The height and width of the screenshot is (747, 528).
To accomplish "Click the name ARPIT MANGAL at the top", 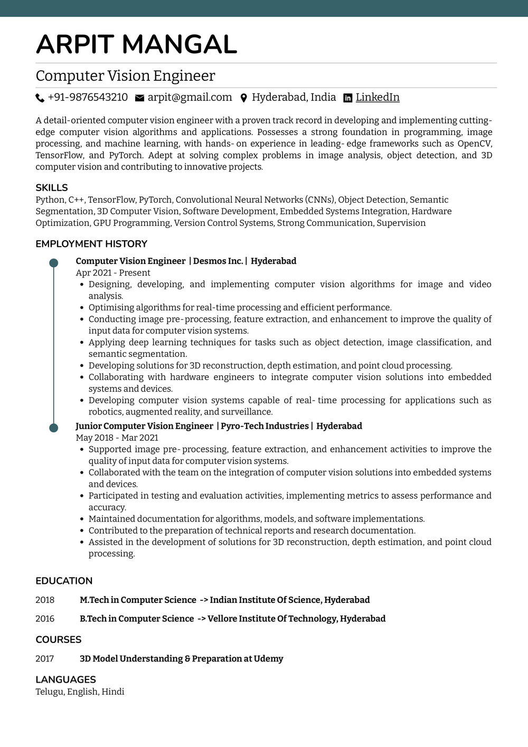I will (x=136, y=44).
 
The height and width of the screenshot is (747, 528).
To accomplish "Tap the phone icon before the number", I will (x=40, y=98).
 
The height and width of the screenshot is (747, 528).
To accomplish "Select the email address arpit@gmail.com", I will (x=190, y=97).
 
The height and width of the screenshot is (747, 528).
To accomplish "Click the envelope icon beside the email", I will (x=139, y=98).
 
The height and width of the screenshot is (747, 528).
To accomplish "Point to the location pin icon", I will (x=243, y=98).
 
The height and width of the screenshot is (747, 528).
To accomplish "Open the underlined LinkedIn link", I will (x=377, y=97).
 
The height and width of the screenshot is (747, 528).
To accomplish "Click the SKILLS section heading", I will (x=52, y=187).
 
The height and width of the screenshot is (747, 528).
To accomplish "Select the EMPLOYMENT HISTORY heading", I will (x=91, y=244).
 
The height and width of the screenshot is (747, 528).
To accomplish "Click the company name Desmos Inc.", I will (x=218, y=261).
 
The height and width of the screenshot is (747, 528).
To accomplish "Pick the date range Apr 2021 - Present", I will (x=113, y=272).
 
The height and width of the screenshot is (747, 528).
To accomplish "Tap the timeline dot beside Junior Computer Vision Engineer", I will (x=54, y=428).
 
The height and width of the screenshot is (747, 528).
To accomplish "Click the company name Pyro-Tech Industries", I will (x=265, y=425).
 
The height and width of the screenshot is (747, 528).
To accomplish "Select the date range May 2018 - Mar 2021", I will (x=117, y=437).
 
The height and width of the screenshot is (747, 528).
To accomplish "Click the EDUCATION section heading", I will (x=64, y=581).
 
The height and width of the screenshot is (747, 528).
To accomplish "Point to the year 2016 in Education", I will (x=45, y=618).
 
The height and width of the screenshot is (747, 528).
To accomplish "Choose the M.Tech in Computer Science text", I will (x=138, y=600).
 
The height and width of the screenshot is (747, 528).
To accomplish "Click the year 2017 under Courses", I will (x=45, y=658).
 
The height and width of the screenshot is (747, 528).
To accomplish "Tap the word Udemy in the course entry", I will (x=268, y=658).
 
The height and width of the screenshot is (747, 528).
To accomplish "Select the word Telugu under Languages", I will (x=50, y=691).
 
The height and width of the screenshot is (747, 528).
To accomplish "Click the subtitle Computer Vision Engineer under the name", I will (x=125, y=76).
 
